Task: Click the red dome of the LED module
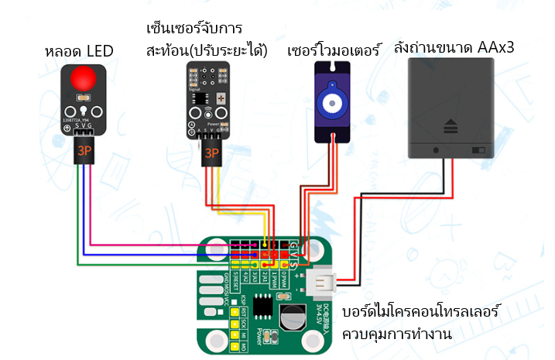(x=83, y=80)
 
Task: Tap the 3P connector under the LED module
(x=84, y=151)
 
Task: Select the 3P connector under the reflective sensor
(x=210, y=153)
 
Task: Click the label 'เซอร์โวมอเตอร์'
(x=334, y=52)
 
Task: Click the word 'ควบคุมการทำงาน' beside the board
(x=397, y=334)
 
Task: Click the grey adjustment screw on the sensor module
(x=221, y=100)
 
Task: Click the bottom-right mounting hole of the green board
(x=317, y=339)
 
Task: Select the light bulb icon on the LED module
(x=83, y=109)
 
